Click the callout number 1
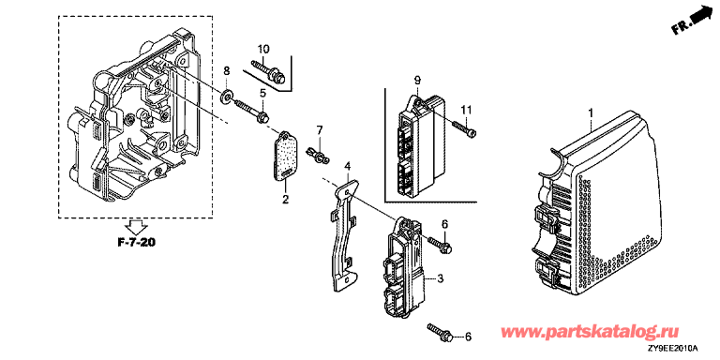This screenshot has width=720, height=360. click(x=592, y=112)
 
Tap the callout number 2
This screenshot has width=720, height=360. click(x=285, y=199)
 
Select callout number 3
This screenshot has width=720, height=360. click(x=440, y=278)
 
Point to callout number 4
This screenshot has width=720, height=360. click(x=348, y=165)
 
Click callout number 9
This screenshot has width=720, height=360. click(x=417, y=81)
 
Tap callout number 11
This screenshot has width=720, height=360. click(x=467, y=110)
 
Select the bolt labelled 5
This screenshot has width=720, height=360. click(x=252, y=112)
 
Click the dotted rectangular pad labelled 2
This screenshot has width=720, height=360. click(x=284, y=157)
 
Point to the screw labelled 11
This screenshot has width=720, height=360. click(x=465, y=127)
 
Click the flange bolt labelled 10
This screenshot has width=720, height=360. click(x=268, y=71)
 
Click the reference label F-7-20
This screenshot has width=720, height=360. click(x=137, y=243)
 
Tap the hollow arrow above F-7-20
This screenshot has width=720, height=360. click(x=137, y=226)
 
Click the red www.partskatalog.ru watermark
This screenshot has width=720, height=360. click(x=590, y=332)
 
